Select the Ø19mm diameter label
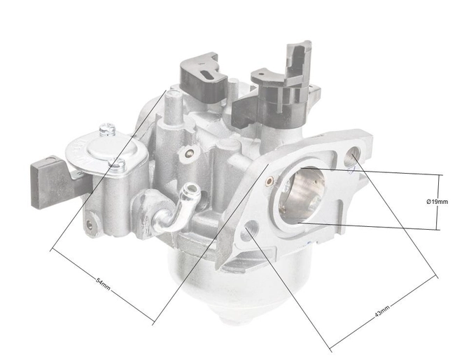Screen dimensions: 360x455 (437, 202)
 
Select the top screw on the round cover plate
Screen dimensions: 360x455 (106, 130)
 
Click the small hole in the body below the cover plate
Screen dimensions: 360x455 (90, 224)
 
